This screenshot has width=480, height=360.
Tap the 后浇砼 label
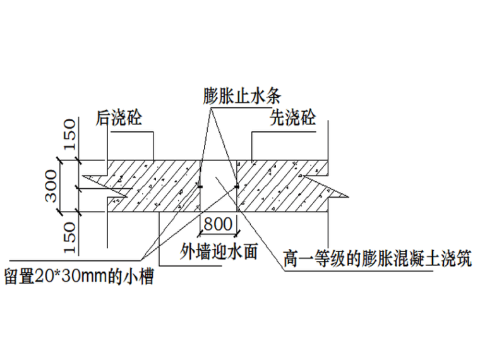tap(119, 119)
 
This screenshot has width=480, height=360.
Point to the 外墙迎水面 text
tap(219, 251)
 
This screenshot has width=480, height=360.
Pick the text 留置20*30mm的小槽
tap(78, 277)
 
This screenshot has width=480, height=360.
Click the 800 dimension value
tap(219, 224)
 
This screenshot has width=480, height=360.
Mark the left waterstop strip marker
tap(200, 186)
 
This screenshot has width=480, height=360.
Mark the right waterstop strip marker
tap(237, 186)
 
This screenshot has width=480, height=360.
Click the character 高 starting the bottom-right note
tap(291, 259)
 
